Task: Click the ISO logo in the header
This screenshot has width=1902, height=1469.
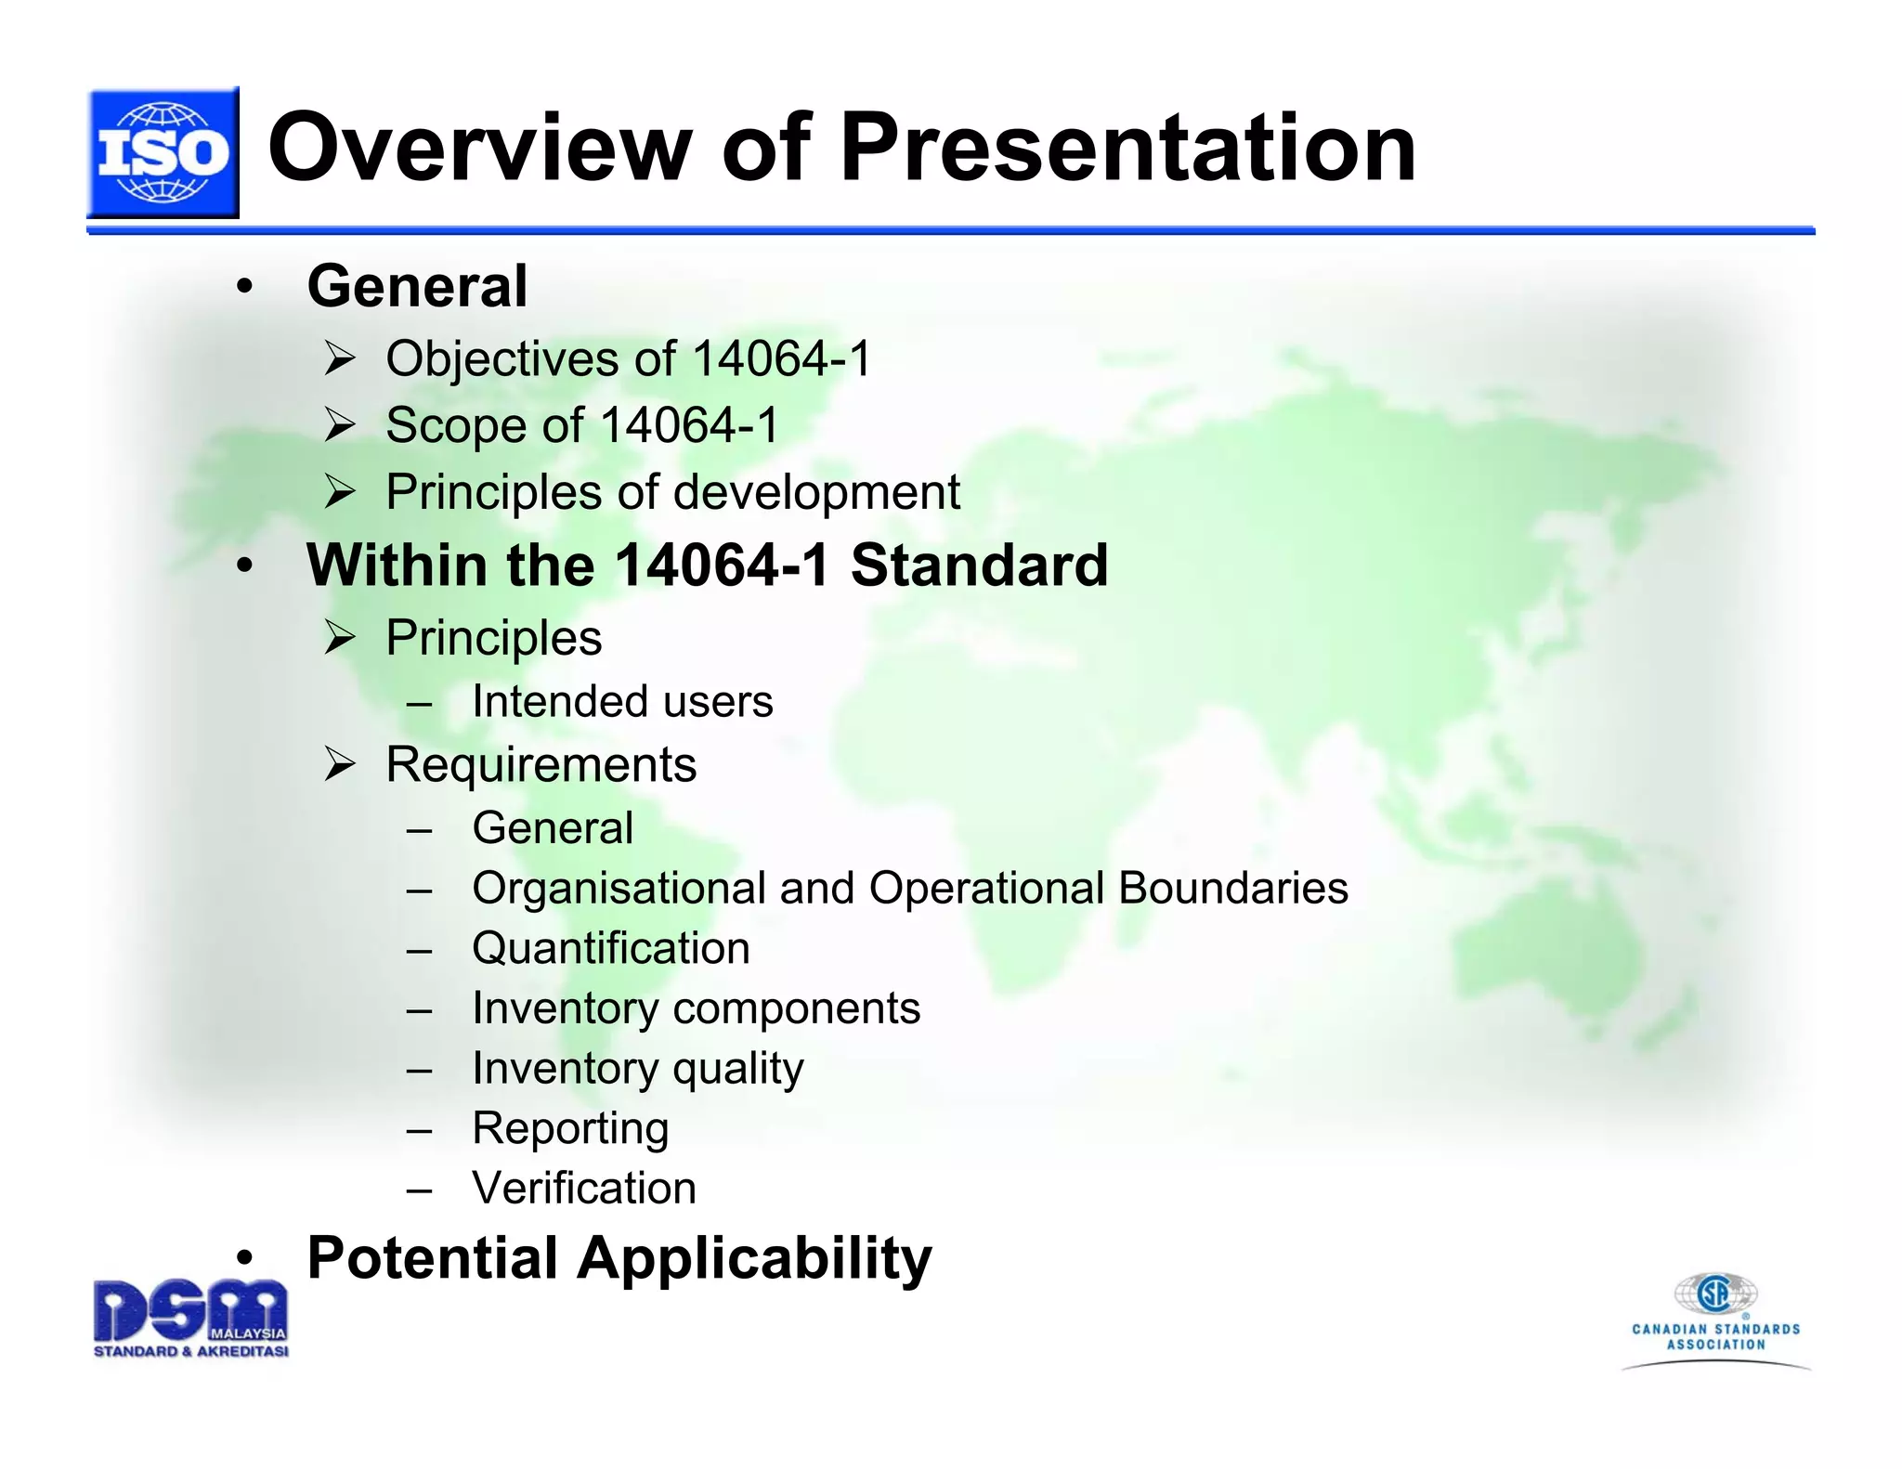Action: [163, 153]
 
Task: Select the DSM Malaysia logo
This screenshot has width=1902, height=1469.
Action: [190, 1318]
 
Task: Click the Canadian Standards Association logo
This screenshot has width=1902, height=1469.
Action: [1715, 1319]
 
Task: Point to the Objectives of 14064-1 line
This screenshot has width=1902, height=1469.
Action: [629, 359]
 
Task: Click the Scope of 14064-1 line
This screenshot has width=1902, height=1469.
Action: [581, 426]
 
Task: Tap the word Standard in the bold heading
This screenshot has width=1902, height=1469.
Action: [979, 565]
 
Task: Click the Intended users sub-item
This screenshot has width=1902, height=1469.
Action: [621, 702]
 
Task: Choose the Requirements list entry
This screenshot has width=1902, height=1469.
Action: [541, 765]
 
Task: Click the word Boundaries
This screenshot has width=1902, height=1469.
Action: [1233, 888]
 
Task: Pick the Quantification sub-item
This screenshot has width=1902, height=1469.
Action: [610, 948]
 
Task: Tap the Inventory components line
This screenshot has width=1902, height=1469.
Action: [696, 1008]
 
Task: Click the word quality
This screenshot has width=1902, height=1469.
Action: [737, 1069]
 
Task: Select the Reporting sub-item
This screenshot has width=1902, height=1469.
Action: [569, 1128]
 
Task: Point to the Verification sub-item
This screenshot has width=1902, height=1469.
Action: [583, 1189]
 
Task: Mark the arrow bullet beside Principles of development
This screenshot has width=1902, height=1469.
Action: [340, 492]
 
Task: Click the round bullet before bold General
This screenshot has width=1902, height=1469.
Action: [244, 287]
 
